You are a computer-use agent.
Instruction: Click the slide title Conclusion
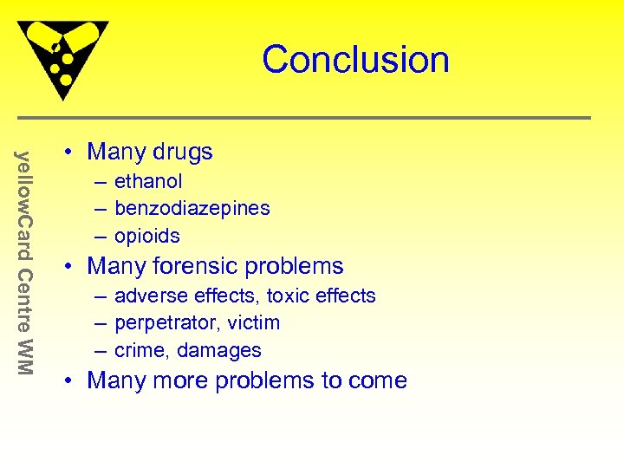coord(355,60)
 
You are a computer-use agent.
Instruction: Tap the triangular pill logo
coord(62,56)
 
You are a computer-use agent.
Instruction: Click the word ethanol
coord(148,181)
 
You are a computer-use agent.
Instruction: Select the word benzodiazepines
coord(192,208)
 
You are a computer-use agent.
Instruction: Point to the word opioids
coord(147,236)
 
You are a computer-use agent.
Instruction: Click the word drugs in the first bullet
coord(181,152)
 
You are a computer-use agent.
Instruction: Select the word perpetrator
coord(164,323)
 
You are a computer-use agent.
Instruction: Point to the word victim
coord(250,323)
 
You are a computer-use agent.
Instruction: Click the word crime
coord(140,350)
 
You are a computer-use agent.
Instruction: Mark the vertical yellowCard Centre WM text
coord(25,263)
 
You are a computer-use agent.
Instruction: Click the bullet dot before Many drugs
coord(68,153)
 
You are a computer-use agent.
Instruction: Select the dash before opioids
coord(101,236)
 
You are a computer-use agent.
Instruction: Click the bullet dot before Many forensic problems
coord(68,267)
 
